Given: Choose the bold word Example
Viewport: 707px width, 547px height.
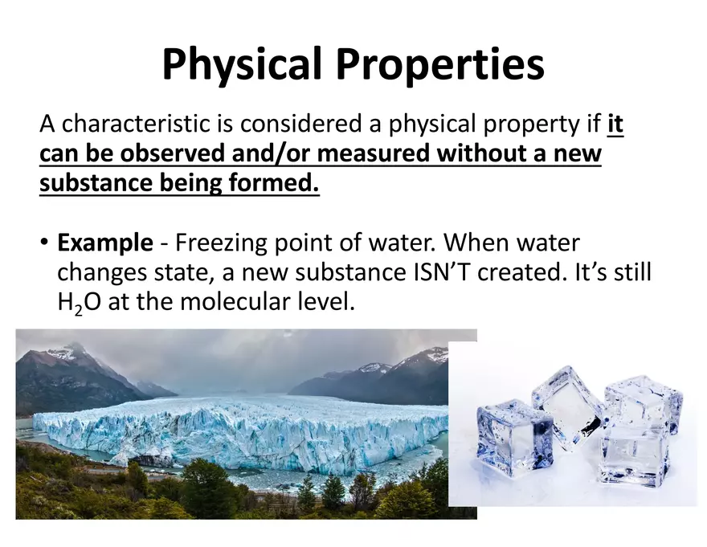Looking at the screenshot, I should point(104,243).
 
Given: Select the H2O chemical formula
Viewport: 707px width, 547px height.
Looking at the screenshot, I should point(76,303).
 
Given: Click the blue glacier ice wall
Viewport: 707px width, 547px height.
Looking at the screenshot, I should point(241,438).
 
